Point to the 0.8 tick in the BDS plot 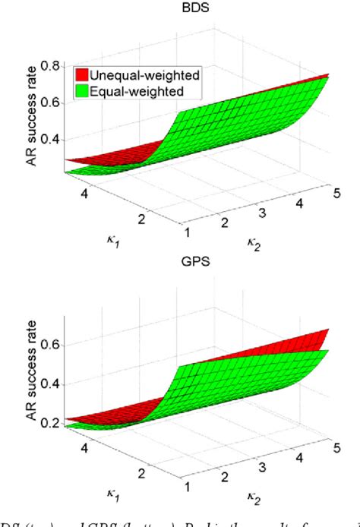51,66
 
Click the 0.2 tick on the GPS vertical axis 50,422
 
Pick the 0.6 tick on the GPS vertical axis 50,344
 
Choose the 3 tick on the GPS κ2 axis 258,462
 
